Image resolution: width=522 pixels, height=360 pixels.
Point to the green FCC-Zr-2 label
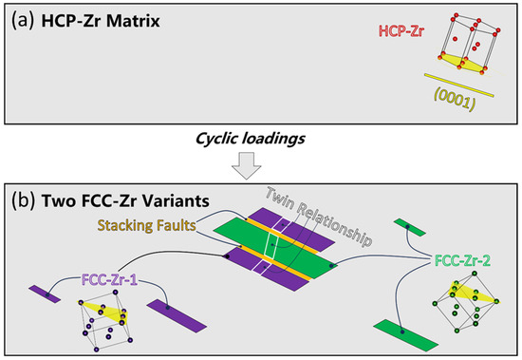tap(467, 257)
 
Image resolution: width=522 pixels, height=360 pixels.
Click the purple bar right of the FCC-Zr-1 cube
tap(171, 313)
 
